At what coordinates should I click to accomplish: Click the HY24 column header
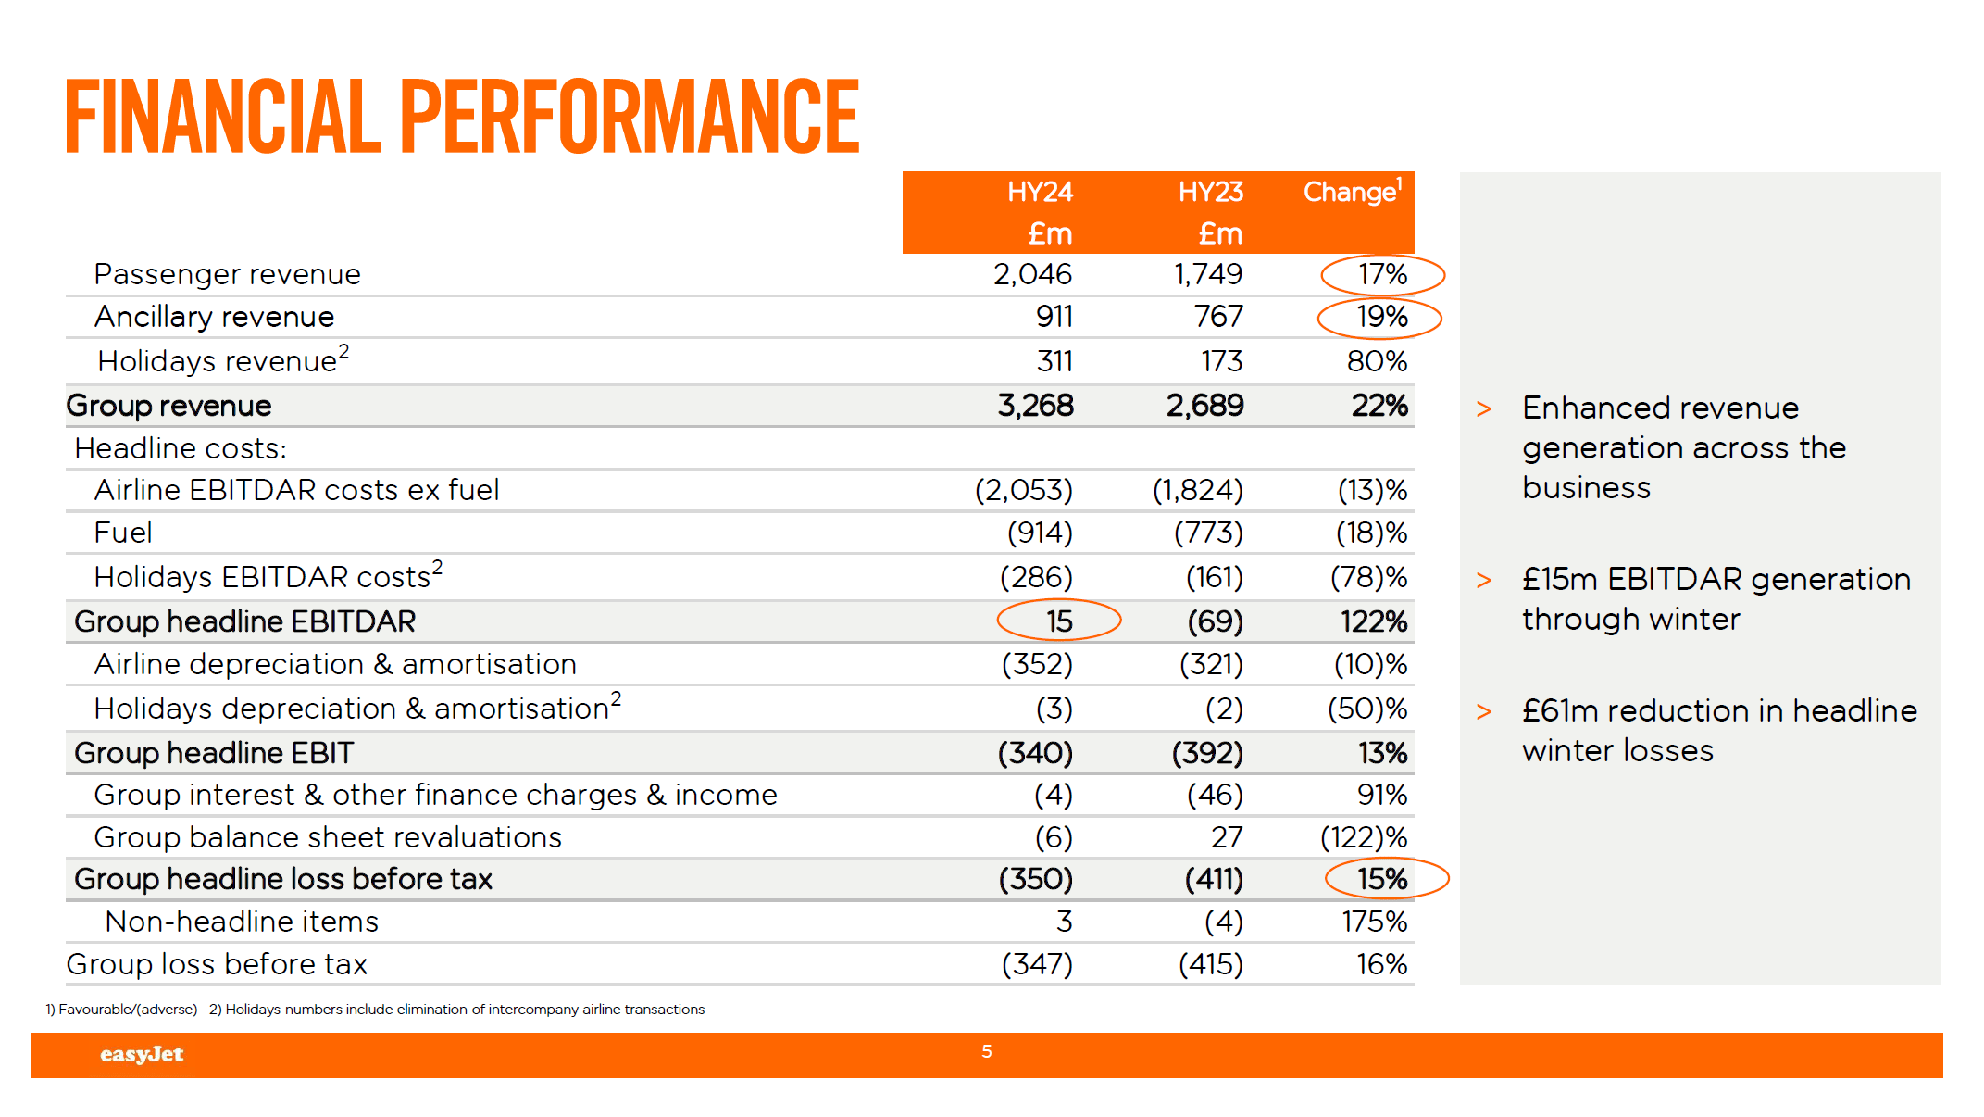coord(1040,193)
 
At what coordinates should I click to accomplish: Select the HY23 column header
coord(1210,193)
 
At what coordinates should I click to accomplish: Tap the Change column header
coord(1352,192)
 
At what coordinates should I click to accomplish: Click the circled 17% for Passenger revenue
coord(1382,274)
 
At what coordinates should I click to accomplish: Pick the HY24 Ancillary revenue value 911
coord(1054,317)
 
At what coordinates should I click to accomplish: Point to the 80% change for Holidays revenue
coord(1377,361)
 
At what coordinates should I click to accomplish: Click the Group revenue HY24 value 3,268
coord(1035,406)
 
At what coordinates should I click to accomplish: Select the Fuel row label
coord(123,533)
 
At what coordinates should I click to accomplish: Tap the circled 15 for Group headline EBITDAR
coord(1059,621)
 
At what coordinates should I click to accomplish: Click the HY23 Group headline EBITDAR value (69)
coord(1215,621)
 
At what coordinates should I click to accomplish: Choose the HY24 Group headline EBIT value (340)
coord(1035,753)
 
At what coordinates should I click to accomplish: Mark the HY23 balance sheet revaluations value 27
coord(1227,837)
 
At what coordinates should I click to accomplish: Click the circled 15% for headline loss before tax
coord(1382,879)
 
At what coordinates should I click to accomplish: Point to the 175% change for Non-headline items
coord(1374,922)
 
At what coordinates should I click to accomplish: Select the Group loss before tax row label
coord(217,964)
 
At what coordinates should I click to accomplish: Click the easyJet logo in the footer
coord(142,1054)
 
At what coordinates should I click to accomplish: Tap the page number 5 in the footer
coord(987,1051)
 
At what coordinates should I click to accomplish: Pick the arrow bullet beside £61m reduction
coord(1484,711)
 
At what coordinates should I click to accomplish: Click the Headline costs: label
coord(181,448)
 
